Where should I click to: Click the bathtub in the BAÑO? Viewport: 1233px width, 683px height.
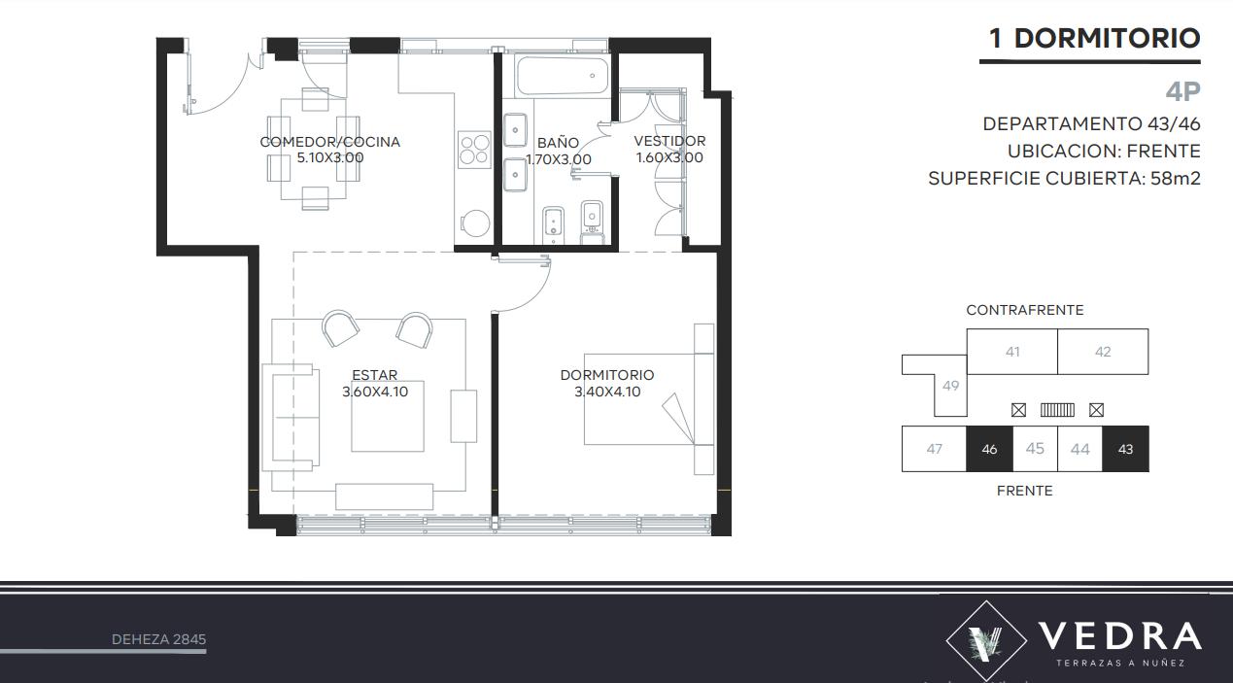coord(563,76)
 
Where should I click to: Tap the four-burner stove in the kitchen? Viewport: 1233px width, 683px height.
coord(474,150)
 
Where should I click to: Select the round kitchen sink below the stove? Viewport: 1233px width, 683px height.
coord(475,223)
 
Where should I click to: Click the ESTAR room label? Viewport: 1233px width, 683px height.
coord(374,375)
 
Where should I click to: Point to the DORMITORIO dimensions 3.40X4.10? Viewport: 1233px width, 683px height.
coord(607,392)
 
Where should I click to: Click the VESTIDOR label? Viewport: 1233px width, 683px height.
coord(669,141)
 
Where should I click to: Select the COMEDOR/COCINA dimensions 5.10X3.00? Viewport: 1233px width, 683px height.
coord(330,157)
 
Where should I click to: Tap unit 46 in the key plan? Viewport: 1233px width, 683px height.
coord(989,449)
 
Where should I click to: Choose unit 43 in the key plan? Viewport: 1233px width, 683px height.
coord(1125,449)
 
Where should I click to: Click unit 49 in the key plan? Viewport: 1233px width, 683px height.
coord(950,386)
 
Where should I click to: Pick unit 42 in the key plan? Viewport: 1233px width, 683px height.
coord(1103,352)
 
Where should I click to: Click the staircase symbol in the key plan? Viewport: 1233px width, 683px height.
coord(1057,410)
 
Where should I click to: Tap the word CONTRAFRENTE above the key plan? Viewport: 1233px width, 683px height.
coord(1024,310)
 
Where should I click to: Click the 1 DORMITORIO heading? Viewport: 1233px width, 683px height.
coord(1094,39)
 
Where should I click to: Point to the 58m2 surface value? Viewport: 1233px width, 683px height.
coord(1176,179)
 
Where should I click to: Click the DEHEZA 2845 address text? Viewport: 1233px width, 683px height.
coord(158,639)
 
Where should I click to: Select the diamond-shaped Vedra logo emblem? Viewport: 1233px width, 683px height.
coord(986,640)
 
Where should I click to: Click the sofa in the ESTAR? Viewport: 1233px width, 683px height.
coord(291,418)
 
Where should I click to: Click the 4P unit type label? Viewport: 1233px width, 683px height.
coord(1182,91)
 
